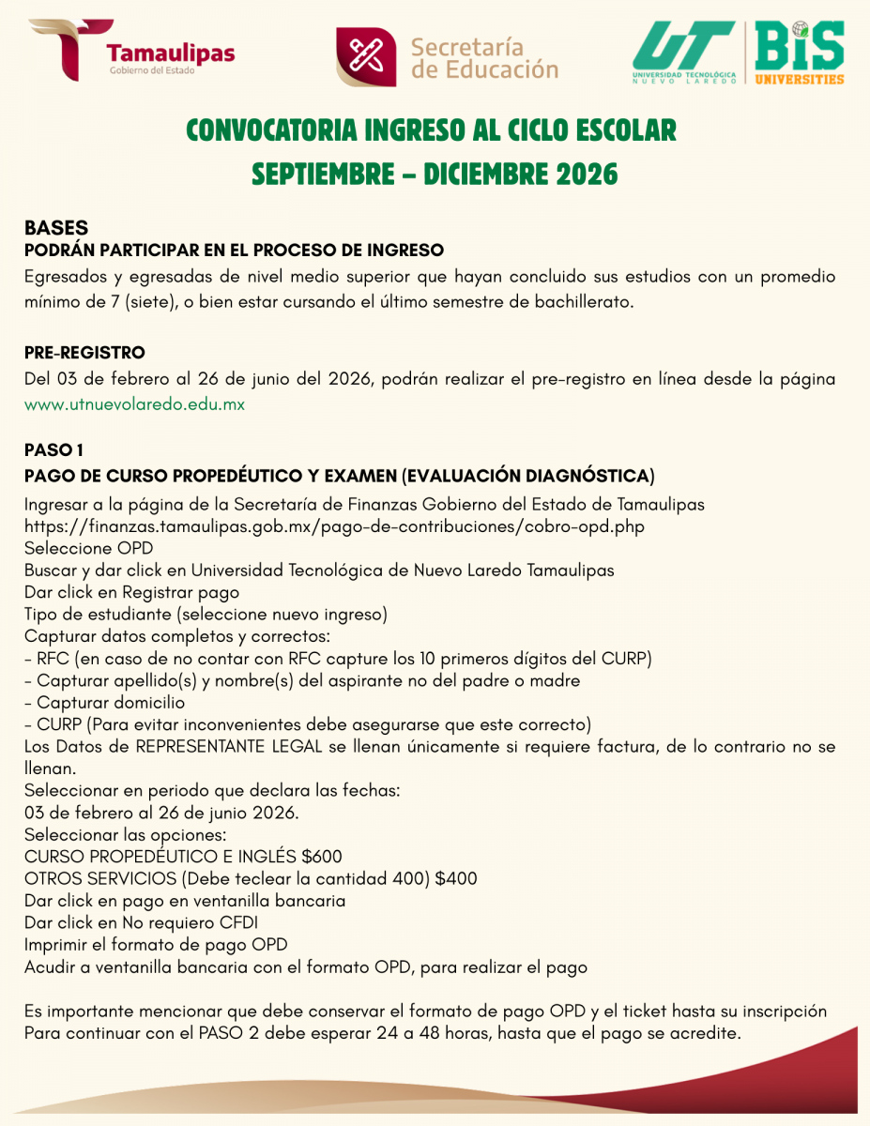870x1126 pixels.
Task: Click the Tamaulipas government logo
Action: [x=131, y=51]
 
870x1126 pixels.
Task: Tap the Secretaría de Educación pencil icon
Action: [x=366, y=57]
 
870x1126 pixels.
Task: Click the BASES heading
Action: [x=56, y=228]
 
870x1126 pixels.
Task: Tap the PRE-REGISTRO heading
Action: [x=84, y=354]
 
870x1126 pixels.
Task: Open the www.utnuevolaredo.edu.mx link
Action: [x=134, y=405]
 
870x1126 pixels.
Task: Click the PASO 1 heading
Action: [x=54, y=450]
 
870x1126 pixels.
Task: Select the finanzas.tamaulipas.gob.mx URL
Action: [x=334, y=526]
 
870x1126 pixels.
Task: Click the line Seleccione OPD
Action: [x=88, y=548]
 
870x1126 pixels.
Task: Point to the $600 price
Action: [x=322, y=857]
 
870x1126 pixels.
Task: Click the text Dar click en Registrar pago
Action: [x=131, y=592]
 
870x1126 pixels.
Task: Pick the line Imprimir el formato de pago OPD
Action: [x=156, y=944]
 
